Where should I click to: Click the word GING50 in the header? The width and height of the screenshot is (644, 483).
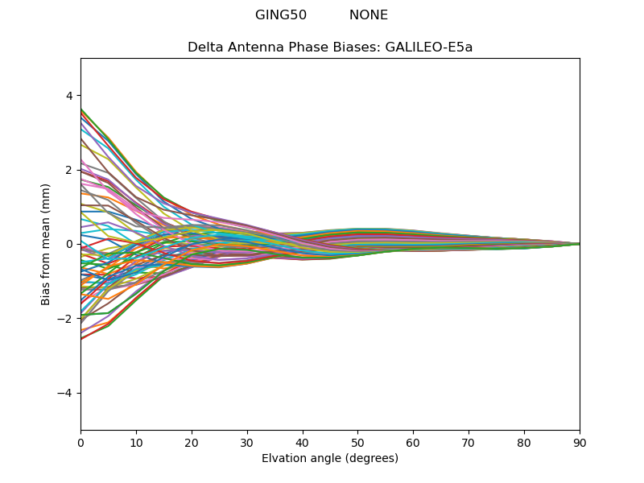[x=281, y=15]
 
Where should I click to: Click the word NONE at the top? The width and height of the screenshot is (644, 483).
[x=368, y=15]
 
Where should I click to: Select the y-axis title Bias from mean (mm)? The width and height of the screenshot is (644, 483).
[x=46, y=244]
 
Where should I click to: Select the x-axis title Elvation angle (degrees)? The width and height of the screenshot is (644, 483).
[x=330, y=458]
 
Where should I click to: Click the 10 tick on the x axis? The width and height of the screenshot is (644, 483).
[x=136, y=443]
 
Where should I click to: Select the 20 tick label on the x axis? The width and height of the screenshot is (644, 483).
[x=192, y=443]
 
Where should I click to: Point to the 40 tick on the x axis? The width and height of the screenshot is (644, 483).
[x=303, y=443]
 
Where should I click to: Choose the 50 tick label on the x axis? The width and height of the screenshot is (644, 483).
[x=358, y=443]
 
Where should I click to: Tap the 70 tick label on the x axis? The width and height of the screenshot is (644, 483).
[x=469, y=443]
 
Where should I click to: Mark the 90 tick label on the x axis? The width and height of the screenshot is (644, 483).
[x=580, y=443]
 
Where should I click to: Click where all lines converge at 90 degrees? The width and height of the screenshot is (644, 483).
[x=579, y=244]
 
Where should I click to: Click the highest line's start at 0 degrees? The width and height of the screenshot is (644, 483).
[x=81, y=109]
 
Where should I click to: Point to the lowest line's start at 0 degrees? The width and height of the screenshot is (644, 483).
[x=81, y=339]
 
